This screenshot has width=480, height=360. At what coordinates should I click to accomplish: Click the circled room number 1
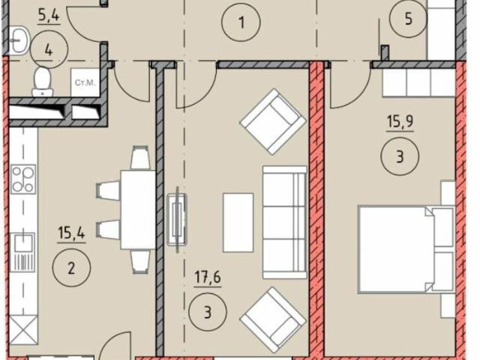pyautogui.click(x=241, y=22)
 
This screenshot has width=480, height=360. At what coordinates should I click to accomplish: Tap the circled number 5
pyautogui.click(x=408, y=19)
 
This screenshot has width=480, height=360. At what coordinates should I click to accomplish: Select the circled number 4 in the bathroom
pyautogui.click(x=49, y=50)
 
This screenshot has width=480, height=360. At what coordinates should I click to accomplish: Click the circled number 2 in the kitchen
pyautogui.click(x=71, y=268)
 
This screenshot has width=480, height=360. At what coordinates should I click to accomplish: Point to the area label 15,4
pyautogui.click(x=72, y=233)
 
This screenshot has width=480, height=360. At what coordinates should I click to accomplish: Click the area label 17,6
pyautogui.click(x=208, y=277)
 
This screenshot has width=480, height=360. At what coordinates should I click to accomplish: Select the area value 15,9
pyautogui.click(x=400, y=121)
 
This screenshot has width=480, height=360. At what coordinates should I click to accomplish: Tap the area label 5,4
pyautogui.click(x=49, y=15)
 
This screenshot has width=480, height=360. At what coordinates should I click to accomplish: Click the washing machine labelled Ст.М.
pyautogui.click(x=85, y=82)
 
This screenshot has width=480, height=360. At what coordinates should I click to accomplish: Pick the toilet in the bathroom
pyautogui.click(x=43, y=82)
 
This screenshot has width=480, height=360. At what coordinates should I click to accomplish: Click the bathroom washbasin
pyautogui.click(x=19, y=40)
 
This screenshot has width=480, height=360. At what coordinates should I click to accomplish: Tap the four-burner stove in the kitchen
pyautogui.click(x=23, y=179)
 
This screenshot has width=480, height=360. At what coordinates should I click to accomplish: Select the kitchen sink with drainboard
pyautogui.click(x=22, y=252)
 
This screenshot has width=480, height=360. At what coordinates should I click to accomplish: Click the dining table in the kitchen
pyautogui.click(x=138, y=210)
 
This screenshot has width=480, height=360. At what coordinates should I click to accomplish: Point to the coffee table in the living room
pyautogui.click(x=238, y=223)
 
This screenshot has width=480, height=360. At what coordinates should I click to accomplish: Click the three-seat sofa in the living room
pyautogui.click(x=285, y=223)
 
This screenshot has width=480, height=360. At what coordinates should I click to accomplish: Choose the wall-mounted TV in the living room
pyautogui.click(x=177, y=220)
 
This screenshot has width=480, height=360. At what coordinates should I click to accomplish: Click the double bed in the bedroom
pyautogui.click(x=406, y=250)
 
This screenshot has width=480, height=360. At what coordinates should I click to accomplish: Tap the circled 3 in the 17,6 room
pyautogui.click(x=208, y=313)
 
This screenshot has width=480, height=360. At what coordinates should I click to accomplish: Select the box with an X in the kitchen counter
pyautogui.click(x=23, y=330)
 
